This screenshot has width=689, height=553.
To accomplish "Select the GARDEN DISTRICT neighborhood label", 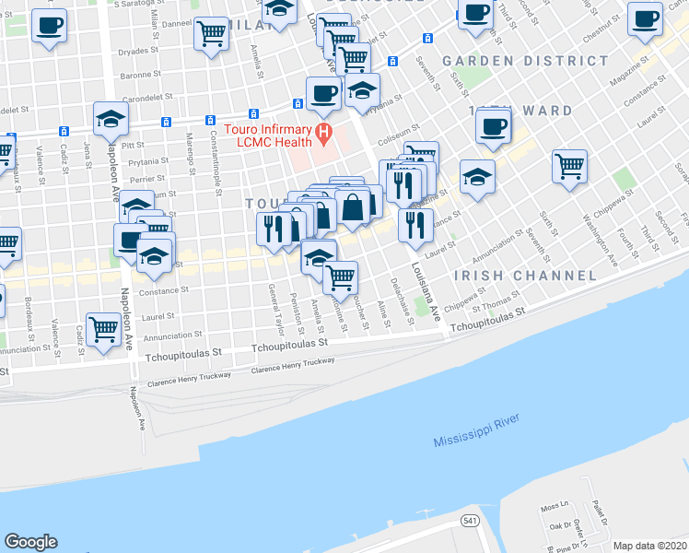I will coord(525,61).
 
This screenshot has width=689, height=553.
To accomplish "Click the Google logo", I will coord(30,542).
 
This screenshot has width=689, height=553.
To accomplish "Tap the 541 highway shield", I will coord(471,522).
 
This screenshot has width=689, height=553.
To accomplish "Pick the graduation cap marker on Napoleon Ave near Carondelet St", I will coord(111,118).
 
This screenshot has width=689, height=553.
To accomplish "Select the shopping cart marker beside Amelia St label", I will coord(212,35).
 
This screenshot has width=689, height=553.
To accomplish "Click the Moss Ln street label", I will coord(551,508).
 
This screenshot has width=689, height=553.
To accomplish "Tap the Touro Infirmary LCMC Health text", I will coord(267,135).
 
